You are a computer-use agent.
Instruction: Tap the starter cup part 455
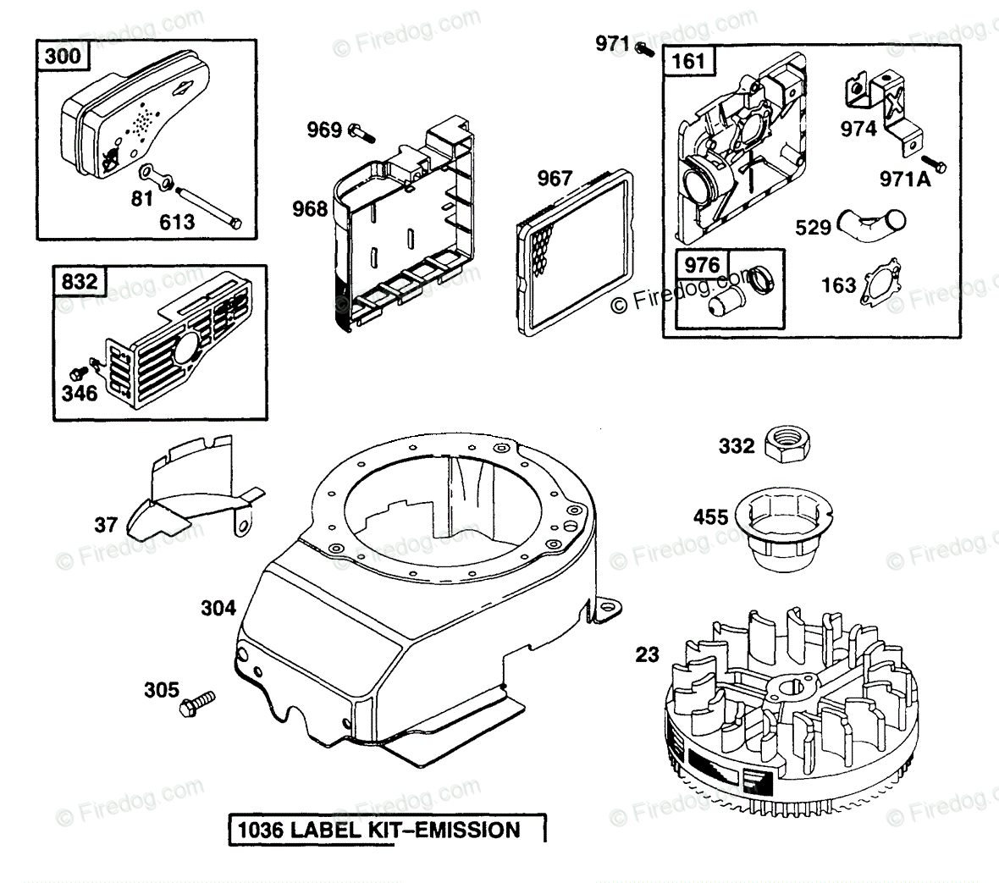786,529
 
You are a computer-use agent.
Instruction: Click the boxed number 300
63,57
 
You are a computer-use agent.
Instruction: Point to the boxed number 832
78,281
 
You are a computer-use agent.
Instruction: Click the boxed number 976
702,264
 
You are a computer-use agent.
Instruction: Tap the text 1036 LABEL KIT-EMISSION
387,829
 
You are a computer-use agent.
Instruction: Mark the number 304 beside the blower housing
218,607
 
